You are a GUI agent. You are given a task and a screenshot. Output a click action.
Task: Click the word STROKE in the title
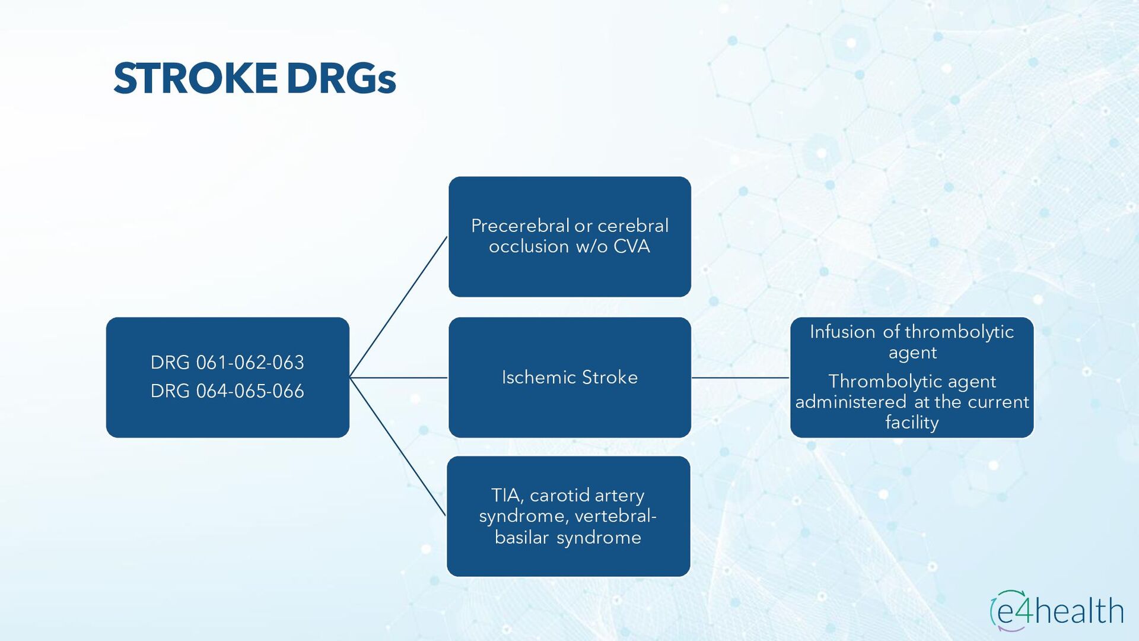[x=195, y=79]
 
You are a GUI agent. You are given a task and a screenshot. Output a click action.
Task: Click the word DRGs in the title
[x=341, y=79]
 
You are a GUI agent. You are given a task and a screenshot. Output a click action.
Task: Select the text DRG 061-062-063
[x=227, y=363]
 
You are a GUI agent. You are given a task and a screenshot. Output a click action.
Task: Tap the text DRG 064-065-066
[x=227, y=391]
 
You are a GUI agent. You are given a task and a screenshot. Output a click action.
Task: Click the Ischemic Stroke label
[x=569, y=377]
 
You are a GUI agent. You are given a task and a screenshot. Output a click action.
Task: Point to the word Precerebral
[x=520, y=226]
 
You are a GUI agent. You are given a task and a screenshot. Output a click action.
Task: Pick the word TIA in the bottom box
[x=506, y=495]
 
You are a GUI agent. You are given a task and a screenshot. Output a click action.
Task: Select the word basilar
[x=521, y=538]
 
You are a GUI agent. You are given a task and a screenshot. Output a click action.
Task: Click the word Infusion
[x=842, y=332]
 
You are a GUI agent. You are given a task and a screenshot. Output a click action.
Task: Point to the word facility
[x=912, y=423]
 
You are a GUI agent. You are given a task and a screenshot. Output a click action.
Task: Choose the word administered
[x=850, y=402]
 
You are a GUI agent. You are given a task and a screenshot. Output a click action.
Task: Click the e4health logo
[x=1057, y=610]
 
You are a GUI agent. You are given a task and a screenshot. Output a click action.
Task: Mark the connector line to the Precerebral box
[x=398, y=307]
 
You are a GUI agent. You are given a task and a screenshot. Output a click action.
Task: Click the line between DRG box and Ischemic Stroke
[x=398, y=377]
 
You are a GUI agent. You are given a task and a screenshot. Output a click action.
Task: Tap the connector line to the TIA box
[x=398, y=447]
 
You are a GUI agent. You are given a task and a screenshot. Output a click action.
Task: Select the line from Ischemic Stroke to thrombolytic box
[x=740, y=377]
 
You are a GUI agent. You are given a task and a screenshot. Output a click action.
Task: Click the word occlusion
[x=529, y=246]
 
